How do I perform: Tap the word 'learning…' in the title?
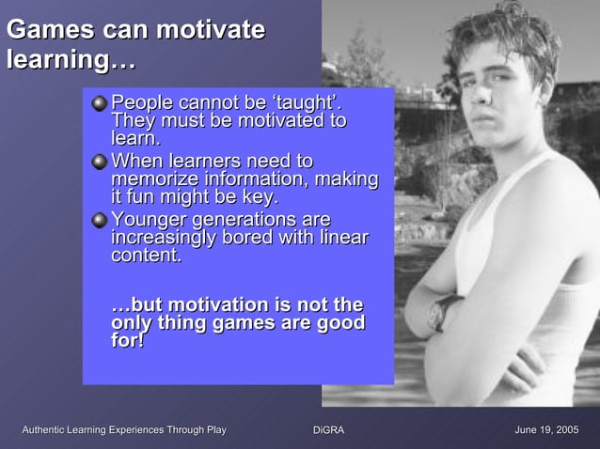click(x=71, y=61)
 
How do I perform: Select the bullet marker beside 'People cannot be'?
click(x=99, y=102)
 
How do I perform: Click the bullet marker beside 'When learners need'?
click(x=99, y=162)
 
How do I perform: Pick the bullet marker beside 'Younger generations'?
click(x=99, y=221)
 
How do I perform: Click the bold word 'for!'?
click(x=128, y=341)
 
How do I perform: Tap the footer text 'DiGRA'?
click(x=328, y=430)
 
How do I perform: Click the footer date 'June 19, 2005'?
click(x=546, y=430)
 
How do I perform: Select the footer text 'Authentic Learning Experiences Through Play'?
click(x=124, y=430)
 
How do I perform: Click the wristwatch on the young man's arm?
click(x=442, y=312)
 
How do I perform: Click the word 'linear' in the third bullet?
click(x=342, y=238)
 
